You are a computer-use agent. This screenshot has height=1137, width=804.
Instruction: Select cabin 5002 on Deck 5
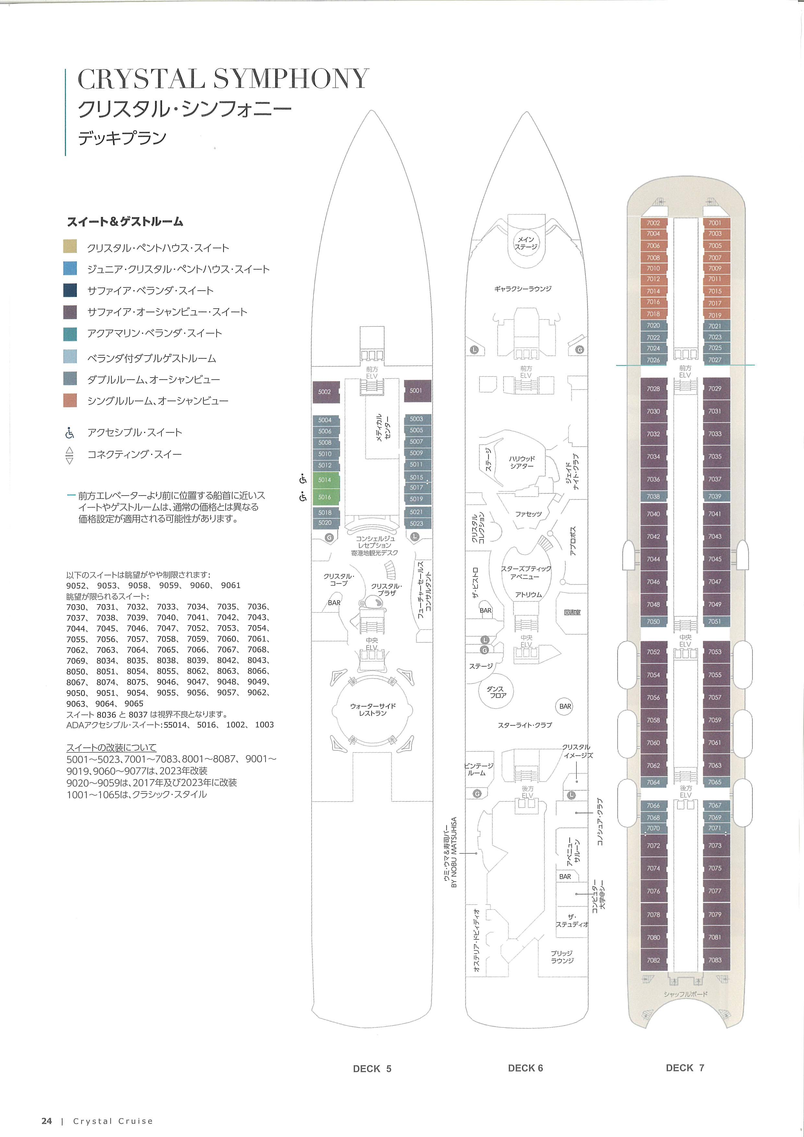pos(325,392)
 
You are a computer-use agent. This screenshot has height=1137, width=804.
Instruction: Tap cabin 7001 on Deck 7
pos(715,223)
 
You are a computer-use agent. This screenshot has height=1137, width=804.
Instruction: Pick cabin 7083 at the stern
pos(715,960)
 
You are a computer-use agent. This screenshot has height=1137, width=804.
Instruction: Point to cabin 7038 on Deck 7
pos(653,496)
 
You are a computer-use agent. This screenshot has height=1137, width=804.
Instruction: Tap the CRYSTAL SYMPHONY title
pos(223,79)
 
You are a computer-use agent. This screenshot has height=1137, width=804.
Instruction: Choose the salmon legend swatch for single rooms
pos(70,400)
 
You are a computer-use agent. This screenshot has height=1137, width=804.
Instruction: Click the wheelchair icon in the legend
pos(70,433)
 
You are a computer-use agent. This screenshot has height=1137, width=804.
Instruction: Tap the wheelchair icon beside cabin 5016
pos(303,497)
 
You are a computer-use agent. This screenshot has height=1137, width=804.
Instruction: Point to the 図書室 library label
pos(572,613)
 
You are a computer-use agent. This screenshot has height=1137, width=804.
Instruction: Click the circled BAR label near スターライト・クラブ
pos(565,706)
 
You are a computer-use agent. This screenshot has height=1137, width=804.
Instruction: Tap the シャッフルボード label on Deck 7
pos(686,994)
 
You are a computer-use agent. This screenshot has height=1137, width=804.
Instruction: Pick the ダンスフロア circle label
pos(495,692)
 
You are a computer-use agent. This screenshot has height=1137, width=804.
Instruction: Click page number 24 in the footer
pos(47,1121)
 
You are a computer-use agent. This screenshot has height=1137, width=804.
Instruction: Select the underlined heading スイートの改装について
pos(112,747)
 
